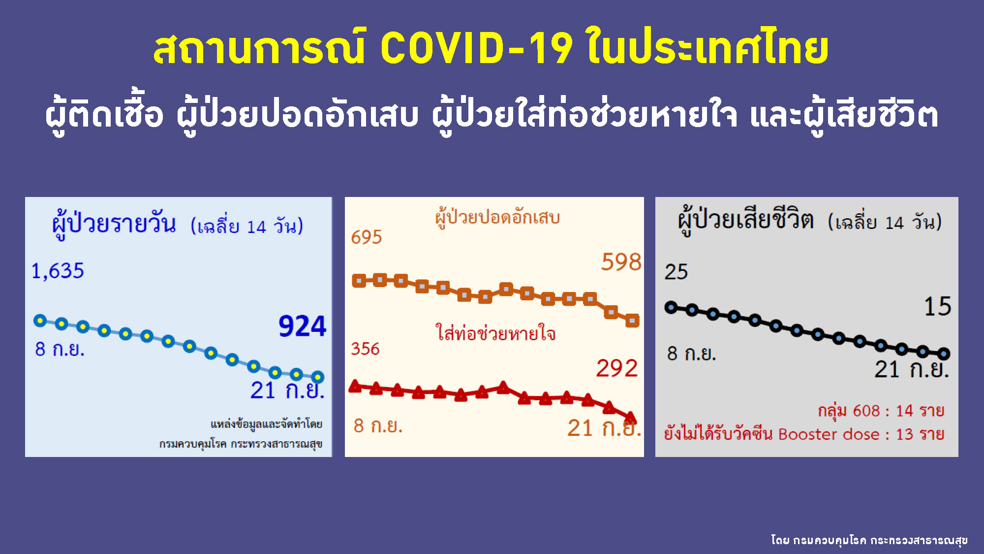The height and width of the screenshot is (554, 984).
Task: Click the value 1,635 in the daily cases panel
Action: [58, 271]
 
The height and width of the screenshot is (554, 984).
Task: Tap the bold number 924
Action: [302, 326]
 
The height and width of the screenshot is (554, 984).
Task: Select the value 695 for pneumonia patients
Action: [366, 237]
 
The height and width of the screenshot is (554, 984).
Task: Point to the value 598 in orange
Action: [621, 262]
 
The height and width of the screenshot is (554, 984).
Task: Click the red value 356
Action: [365, 349]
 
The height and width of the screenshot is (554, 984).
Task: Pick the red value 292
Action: [616, 368]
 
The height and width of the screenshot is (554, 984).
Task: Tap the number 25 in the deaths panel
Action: [676, 272]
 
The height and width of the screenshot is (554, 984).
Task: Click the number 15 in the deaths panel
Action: [937, 306]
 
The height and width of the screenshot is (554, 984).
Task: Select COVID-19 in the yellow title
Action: [476, 48]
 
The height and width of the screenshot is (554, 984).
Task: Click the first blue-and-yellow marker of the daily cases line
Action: [40, 321]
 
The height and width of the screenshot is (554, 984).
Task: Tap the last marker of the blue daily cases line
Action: [318, 377]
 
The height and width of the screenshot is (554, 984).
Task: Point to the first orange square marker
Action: [359, 281]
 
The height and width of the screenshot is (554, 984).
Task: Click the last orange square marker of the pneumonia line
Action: [632, 321]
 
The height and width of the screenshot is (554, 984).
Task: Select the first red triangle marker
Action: [355, 387]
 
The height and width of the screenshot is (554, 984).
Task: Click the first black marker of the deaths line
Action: [671, 308]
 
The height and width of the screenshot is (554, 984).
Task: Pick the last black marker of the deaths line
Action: [944, 354]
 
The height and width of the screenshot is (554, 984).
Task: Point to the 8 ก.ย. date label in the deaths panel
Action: [691, 354]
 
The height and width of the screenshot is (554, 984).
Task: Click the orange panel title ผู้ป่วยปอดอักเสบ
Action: [497, 218]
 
